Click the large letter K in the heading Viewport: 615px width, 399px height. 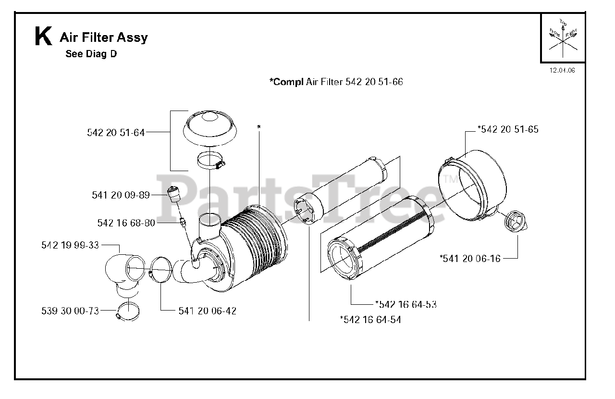43,37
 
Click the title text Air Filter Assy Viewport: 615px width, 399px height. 103,37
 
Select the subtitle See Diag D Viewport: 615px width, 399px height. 91,54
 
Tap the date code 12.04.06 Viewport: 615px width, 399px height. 562,70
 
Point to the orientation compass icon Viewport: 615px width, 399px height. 563,38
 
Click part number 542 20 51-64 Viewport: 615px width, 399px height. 116,133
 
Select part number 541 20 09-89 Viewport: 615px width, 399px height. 121,195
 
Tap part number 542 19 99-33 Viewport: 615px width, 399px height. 70,245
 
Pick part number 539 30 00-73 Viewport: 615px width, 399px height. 70,311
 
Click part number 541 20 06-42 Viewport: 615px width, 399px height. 207,311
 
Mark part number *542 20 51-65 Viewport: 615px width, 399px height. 508,129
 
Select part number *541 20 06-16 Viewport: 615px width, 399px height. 470,259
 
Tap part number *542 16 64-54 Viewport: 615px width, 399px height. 370,320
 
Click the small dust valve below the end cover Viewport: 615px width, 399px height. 516,222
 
